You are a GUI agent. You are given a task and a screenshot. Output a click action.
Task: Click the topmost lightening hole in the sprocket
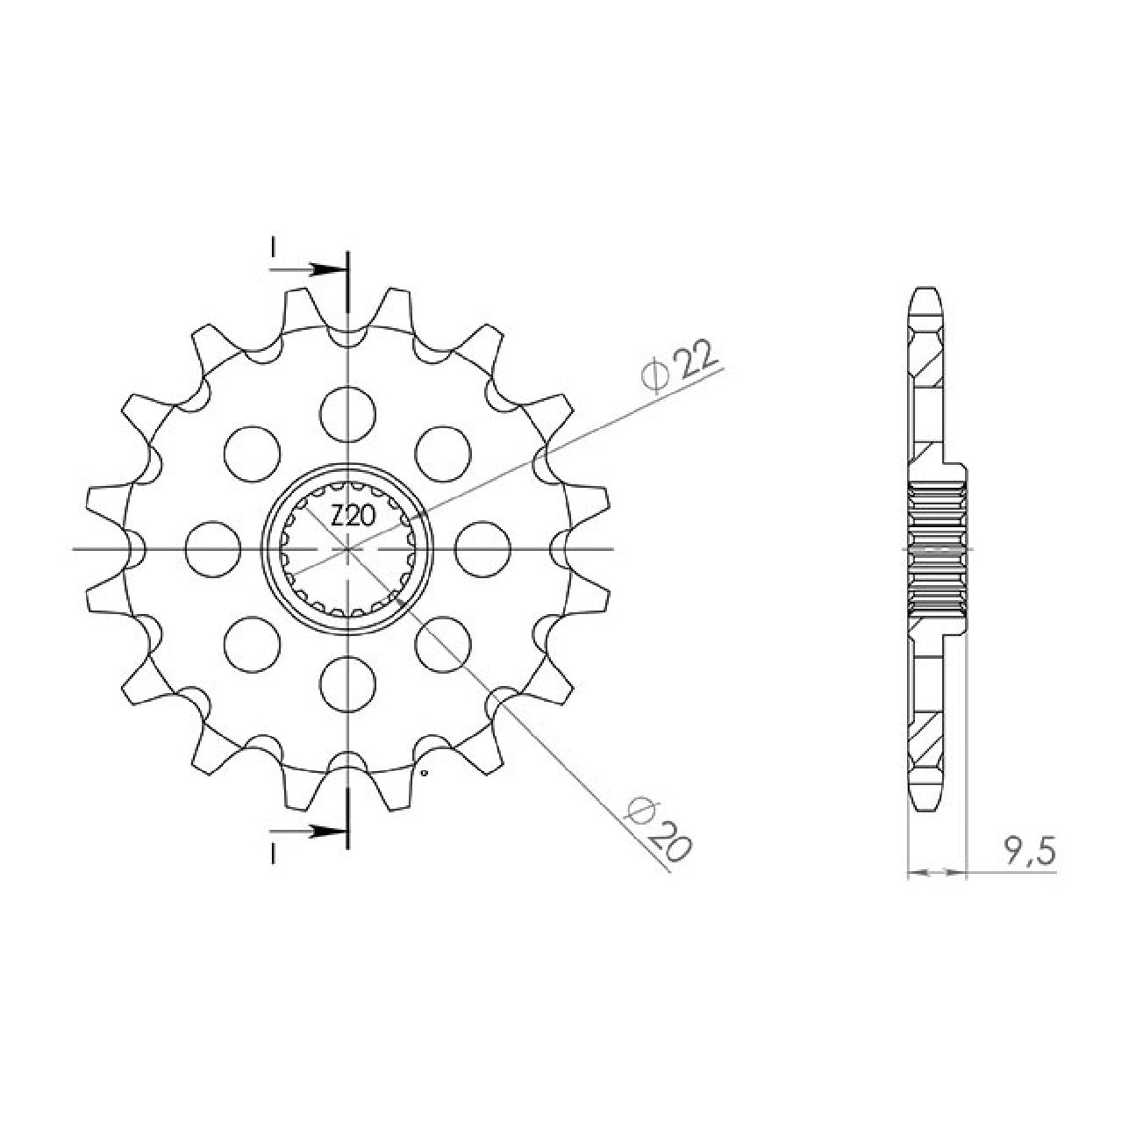[x=348, y=414]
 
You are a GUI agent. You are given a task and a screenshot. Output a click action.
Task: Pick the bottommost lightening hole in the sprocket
[x=348, y=684]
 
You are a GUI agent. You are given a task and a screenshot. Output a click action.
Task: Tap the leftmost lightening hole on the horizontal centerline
[x=212, y=549]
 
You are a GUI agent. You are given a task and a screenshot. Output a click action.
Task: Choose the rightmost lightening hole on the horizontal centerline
[x=482, y=549]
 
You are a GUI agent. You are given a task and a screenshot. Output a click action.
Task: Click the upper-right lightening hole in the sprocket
[x=444, y=454]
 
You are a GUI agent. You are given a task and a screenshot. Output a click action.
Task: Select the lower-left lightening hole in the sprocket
[x=252, y=645]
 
